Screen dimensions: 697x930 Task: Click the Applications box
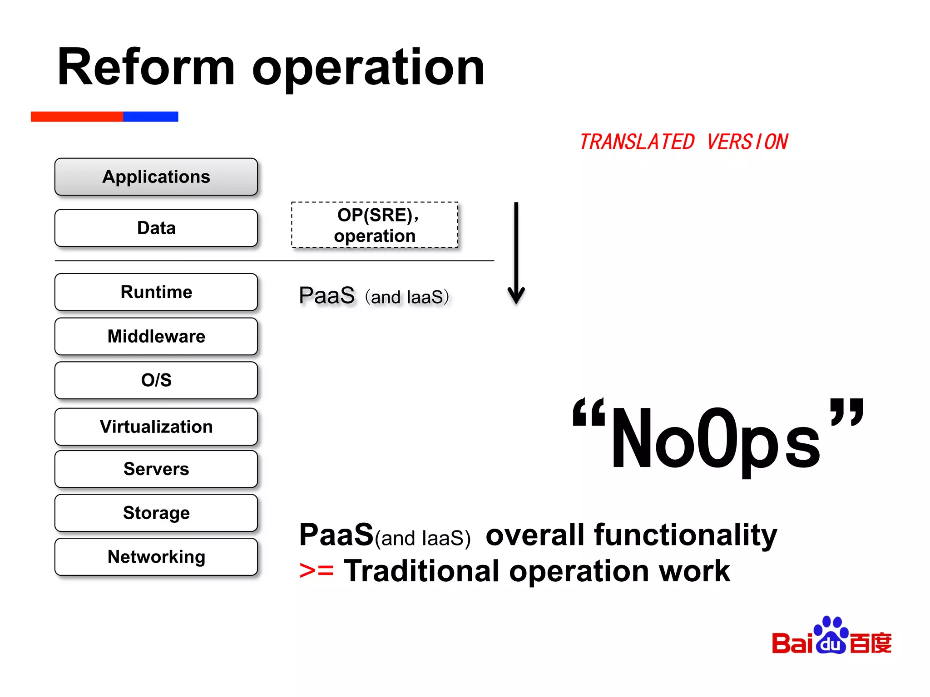(156, 177)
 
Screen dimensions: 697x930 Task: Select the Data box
(156, 228)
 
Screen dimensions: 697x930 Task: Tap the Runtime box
(156, 292)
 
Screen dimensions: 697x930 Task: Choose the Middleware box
(156, 336)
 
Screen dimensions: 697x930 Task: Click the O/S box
(156, 380)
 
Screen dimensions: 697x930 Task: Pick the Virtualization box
(156, 427)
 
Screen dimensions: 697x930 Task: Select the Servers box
(156, 469)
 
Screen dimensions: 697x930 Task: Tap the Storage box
(156, 513)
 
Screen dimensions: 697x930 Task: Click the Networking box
(156, 557)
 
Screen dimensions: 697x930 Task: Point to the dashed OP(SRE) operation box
(375, 225)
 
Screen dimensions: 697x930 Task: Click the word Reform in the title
(146, 68)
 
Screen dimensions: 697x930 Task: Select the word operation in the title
(368, 68)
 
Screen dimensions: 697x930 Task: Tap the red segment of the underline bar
(77, 117)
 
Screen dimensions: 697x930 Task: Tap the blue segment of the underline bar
(150, 117)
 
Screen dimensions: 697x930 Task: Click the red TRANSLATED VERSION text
(683, 142)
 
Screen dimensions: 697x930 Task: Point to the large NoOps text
(717, 438)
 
